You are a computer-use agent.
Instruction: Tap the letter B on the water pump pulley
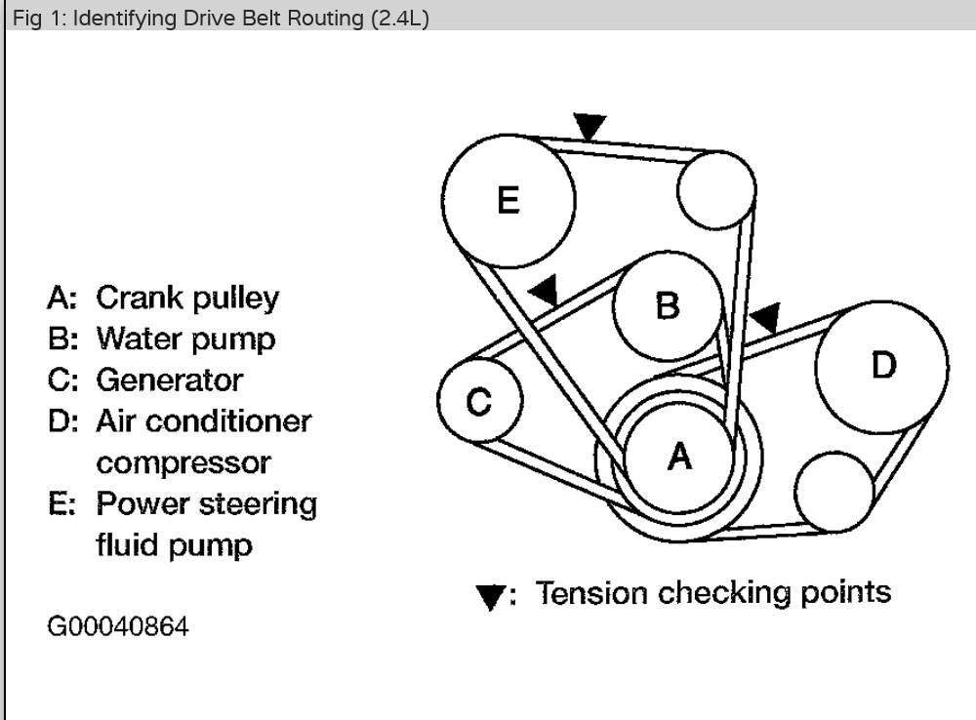(x=668, y=306)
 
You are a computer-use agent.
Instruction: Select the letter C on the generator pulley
(x=477, y=400)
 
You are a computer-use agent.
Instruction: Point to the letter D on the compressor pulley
(x=882, y=365)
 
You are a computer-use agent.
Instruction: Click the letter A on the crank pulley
(x=679, y=455)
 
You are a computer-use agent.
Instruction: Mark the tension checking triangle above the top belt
(x=590, y=126)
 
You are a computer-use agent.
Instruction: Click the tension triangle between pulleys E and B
(x=543, y=288)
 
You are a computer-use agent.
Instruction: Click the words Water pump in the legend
(x=185, y=339)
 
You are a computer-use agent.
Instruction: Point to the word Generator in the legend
(x=169, y=380)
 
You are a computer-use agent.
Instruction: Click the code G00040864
(x=118, y=624)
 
